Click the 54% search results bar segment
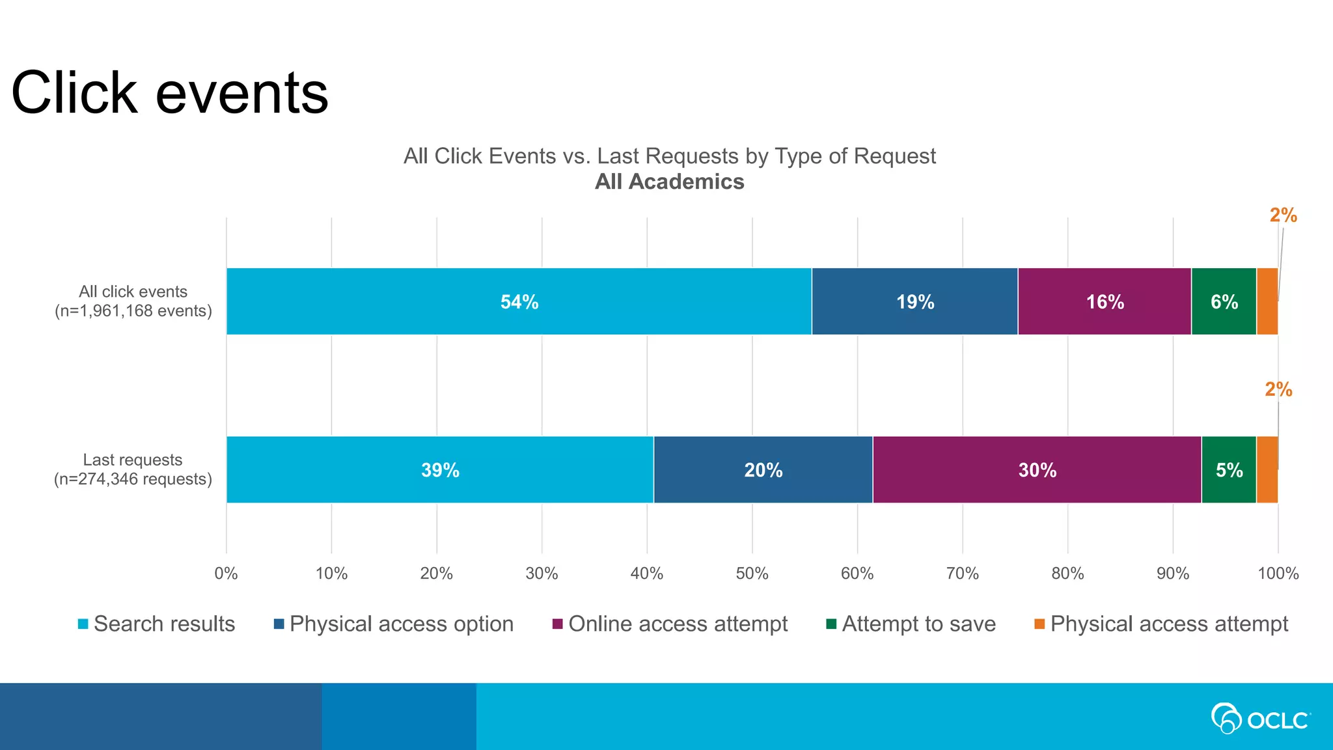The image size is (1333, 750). pos(519,301)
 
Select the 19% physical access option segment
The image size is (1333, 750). pos(914,301)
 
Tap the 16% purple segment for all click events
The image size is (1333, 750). pos(1105,301)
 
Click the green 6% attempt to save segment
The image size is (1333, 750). pos(1224,301)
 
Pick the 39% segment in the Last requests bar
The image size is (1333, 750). pos(440,469)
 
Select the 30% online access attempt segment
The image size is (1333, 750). pos(1037,469)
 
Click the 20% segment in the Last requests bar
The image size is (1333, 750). pos(763,469)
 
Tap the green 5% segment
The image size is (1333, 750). pos(1229,469)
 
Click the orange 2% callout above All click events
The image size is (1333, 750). pos(1283,215)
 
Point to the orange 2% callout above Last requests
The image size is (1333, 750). pos(1278,389)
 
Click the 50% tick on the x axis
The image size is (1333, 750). pos(752,574)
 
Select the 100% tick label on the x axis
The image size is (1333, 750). pos(1278,574)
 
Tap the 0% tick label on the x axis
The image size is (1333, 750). pos(226,574)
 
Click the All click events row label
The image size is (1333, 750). pos(133,301)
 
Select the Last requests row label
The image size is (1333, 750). pos(133,469)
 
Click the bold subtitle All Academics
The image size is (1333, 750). pos(669,182)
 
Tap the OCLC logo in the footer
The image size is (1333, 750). pos(1260,719)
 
